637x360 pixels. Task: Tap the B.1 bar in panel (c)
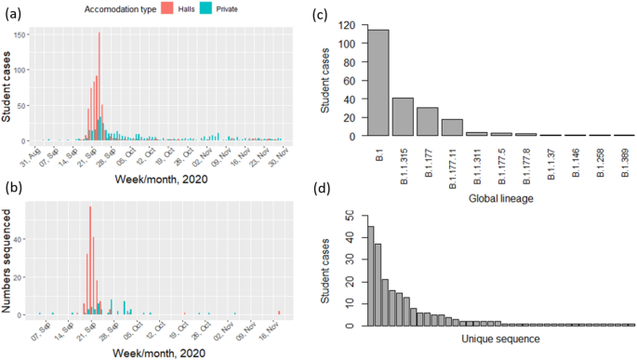[378, 83]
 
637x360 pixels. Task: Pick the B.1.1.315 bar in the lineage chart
[403, 116]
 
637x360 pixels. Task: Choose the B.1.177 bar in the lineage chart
[427, 122]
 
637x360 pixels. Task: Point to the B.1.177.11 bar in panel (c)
[452, 127]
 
